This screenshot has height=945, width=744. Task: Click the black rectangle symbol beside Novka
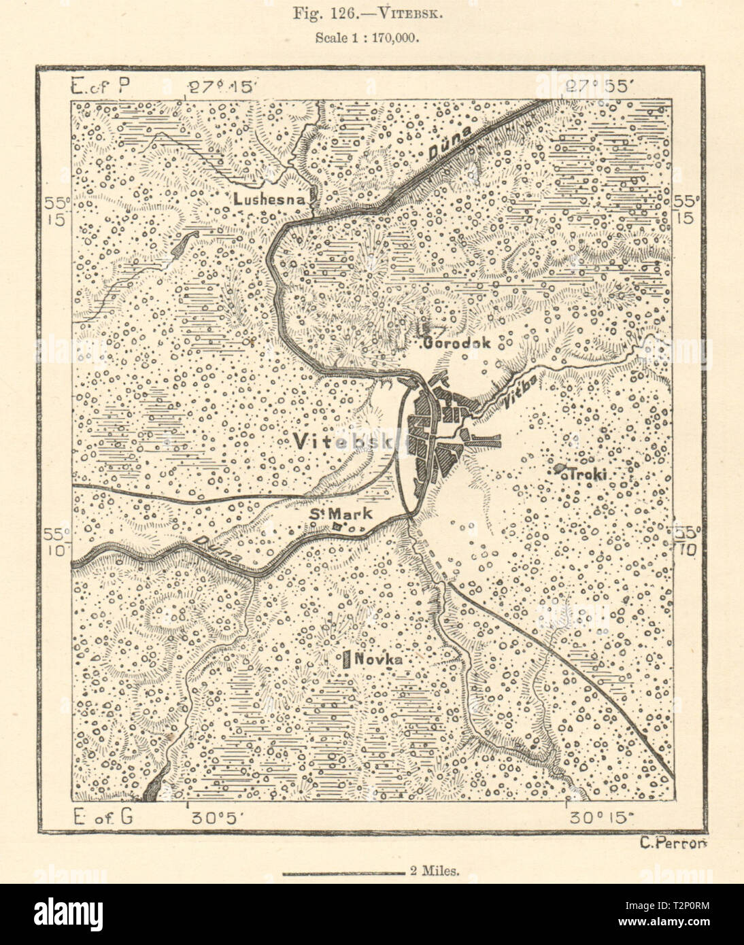coord(347,659)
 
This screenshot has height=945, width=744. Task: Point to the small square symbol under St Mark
coord(336,526)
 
